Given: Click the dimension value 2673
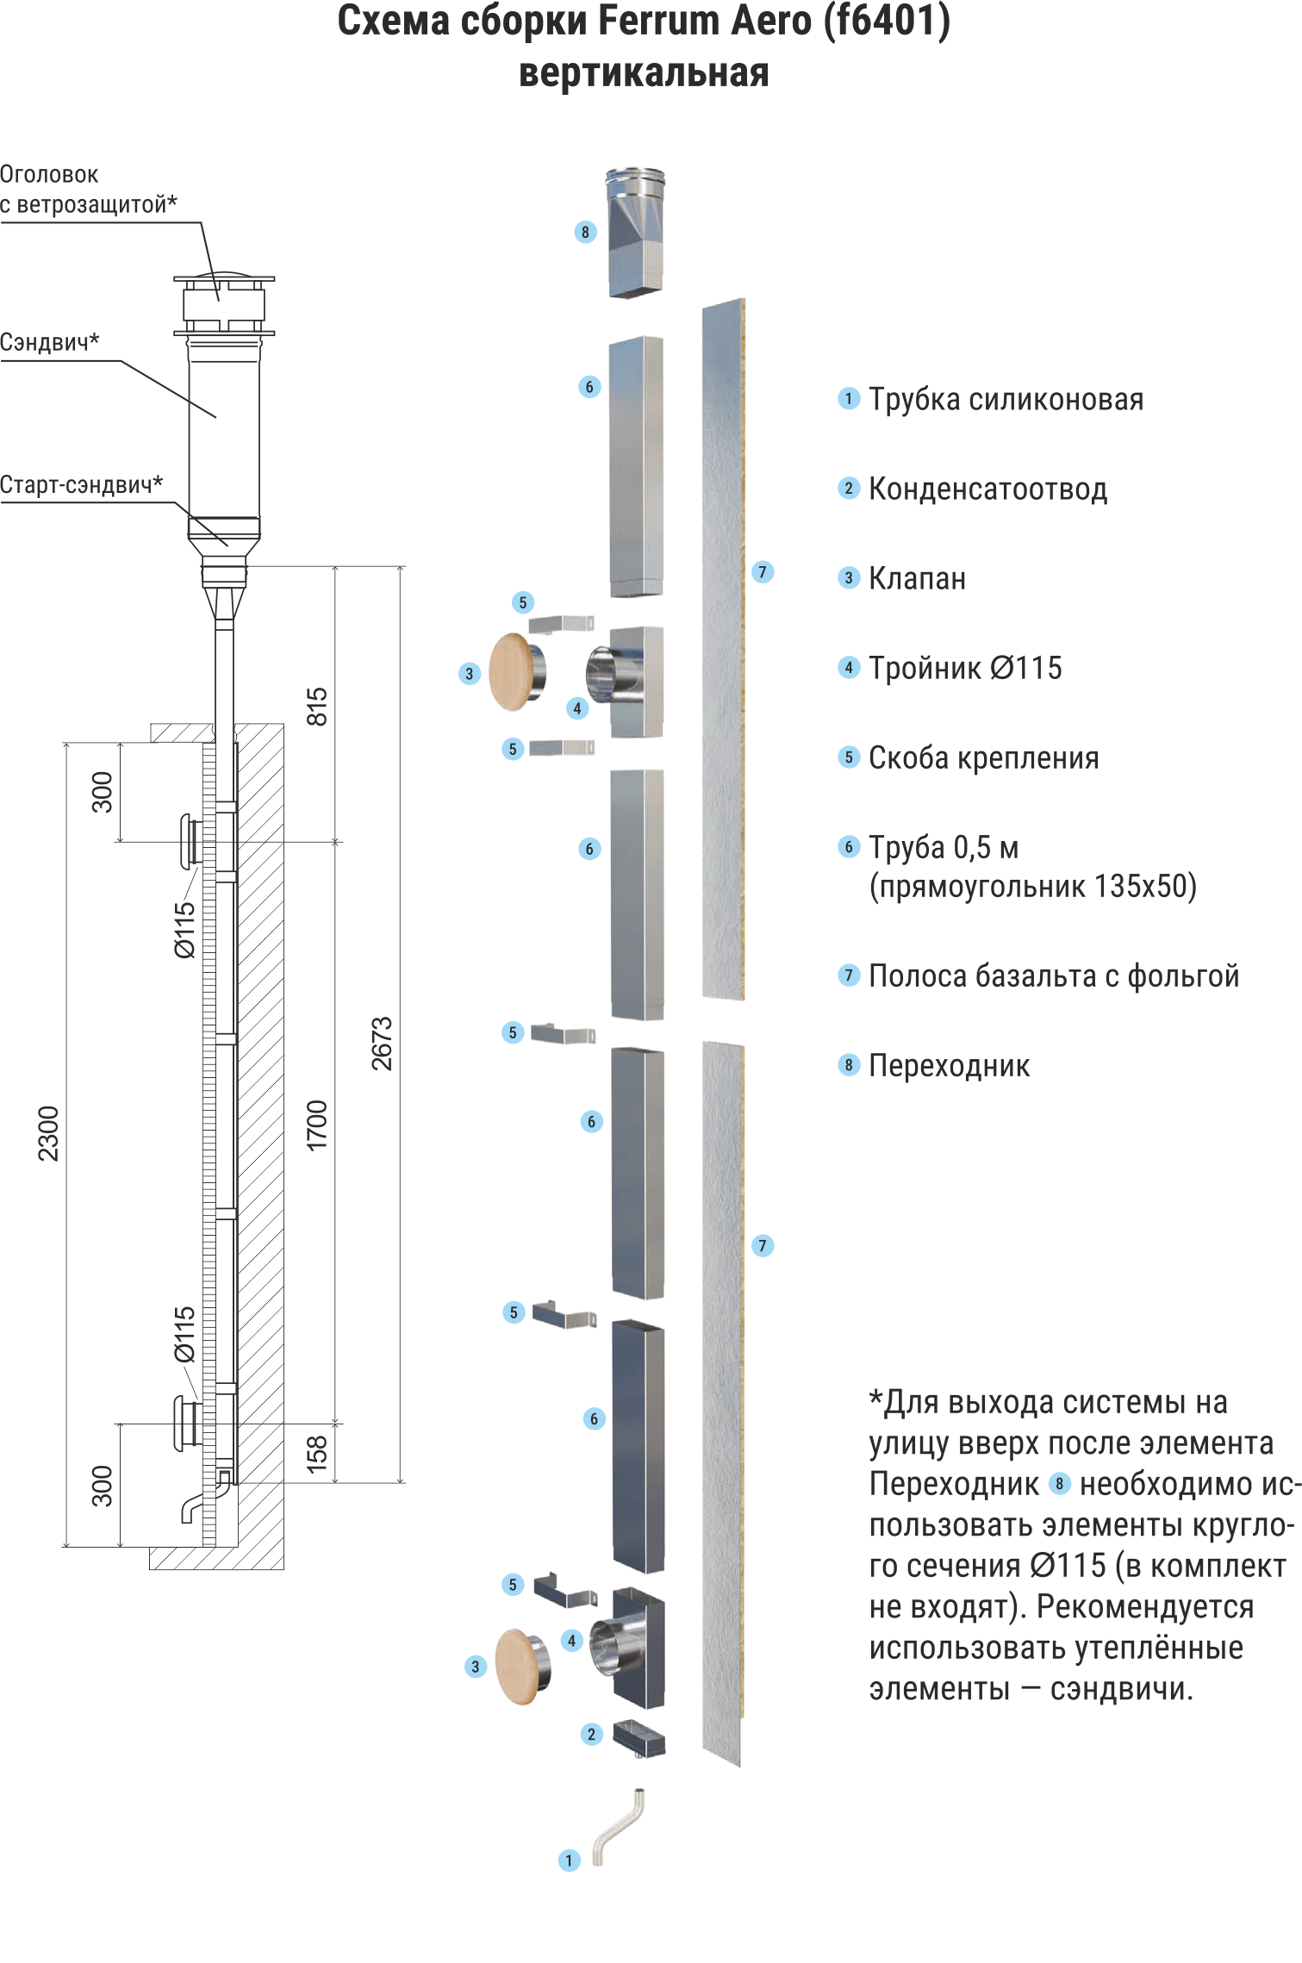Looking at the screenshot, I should (x=382, y=1043).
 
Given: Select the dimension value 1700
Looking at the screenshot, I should (x=317, y=1125).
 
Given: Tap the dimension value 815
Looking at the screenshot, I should (x=317, y=707).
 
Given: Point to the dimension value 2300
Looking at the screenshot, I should (x=49, y=1133).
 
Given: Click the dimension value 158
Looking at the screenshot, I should (x=317, y=1453).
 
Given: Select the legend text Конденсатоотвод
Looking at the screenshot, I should (x=987, y=489).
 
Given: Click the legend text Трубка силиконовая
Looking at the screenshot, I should (x=1006, y=399).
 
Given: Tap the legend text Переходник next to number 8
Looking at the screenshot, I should (x=949, y=1066).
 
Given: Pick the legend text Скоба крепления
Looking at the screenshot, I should (x=983, y=757).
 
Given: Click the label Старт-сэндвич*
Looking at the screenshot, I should (x=82, y=484).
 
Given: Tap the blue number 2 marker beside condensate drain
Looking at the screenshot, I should (x=591, y=1734).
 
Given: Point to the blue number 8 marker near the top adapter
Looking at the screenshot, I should (x=585, y=232).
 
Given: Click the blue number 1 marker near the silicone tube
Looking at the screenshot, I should (x=569, y=1860).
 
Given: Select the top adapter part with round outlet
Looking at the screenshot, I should (x=636, y=233).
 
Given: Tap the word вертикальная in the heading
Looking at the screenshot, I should (x=644, y=73).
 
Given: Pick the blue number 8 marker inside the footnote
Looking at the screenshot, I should (x=1059, y=1484).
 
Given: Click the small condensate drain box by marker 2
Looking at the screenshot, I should (x=639, y=1737).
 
